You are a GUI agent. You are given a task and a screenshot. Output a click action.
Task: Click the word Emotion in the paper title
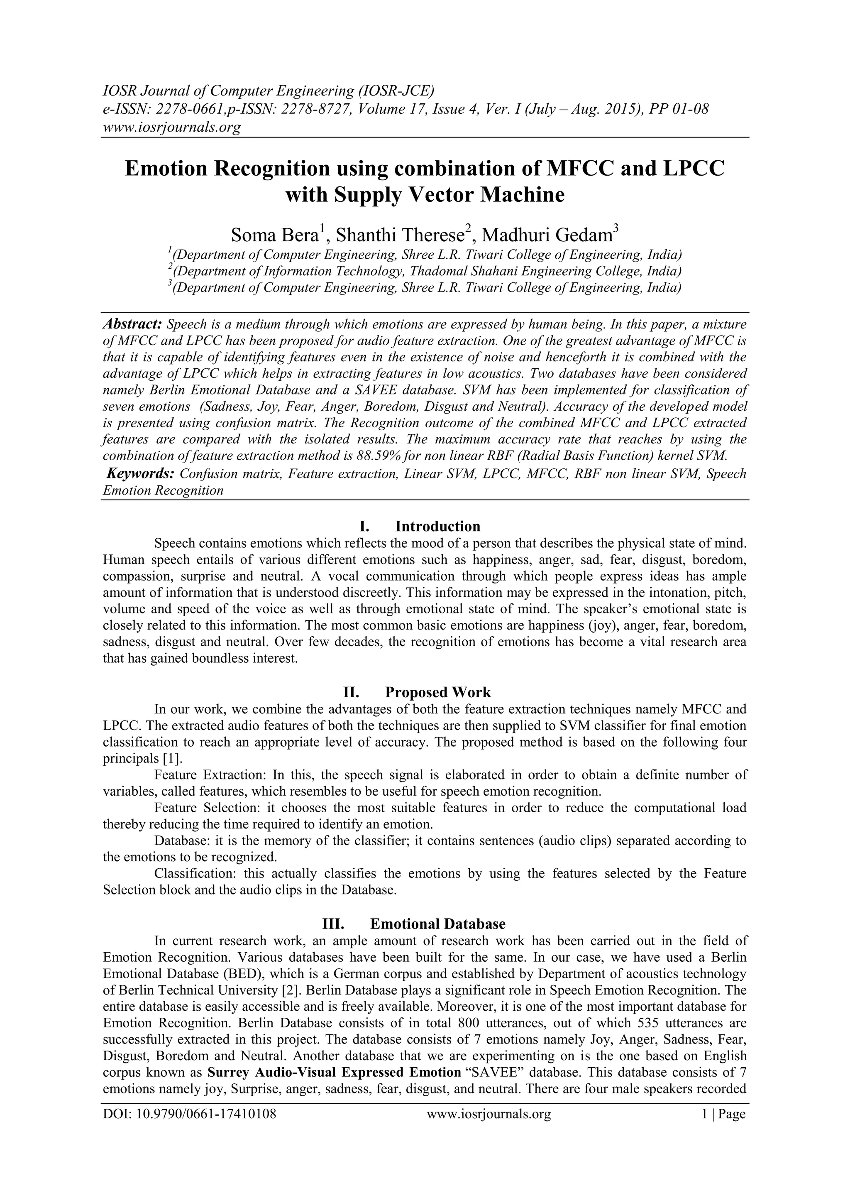click(x=166, y=169)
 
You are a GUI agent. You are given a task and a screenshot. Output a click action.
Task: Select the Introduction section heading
click(x=437, y=526)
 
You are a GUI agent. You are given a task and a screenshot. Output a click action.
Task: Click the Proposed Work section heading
click(x=437, y=692)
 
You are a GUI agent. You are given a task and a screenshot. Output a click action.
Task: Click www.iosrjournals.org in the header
click(x=171, y=127)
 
